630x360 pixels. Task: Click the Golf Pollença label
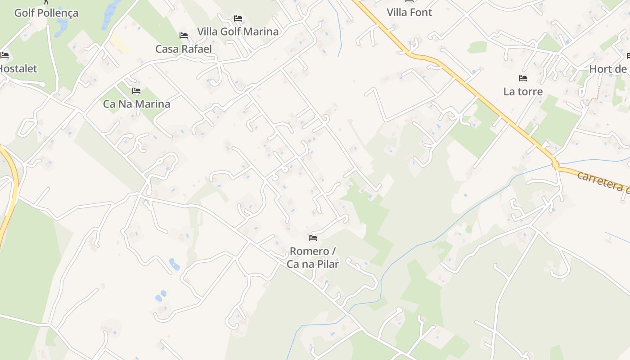click(x=46, y=13)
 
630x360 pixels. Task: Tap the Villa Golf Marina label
click(x=238, y=31)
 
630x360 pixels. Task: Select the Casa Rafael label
click(x=183, y=49)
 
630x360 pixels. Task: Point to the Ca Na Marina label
click(x=136, y=104)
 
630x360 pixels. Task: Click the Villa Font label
click(x=409, y=13)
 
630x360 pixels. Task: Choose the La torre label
click(x=523, y=92)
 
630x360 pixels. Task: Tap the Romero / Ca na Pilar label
click(x=313, y=257)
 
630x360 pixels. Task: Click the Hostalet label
click(x=18, y=69)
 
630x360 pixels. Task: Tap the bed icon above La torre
click(x=522, y=78)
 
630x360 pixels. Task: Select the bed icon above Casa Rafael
click(x=183, y=36)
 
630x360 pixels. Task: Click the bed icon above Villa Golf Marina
click(x=238, y=18)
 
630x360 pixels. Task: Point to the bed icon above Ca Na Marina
click(x=136, y=91)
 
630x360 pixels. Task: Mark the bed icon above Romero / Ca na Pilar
click(x=313, y=238)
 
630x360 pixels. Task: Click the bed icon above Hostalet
click(x=4, y=55)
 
